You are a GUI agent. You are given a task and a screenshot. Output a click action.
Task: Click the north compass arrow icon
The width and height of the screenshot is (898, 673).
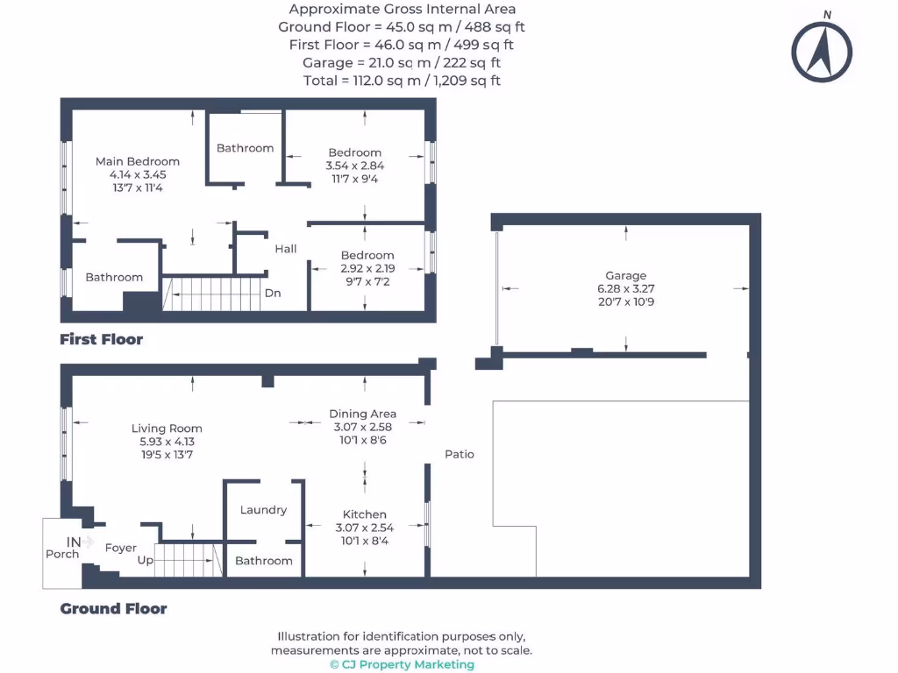point(823,50)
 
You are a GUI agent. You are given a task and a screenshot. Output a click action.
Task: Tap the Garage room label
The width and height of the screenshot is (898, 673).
point(625,275)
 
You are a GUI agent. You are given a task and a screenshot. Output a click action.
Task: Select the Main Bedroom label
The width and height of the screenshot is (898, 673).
point(138,161)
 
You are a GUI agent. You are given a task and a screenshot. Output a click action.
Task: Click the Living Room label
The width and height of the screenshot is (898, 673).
point(167,429)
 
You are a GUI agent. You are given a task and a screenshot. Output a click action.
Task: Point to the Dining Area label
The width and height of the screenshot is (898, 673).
point(362,414)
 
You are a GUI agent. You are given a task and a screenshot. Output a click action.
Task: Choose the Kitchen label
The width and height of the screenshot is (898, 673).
point(364,514)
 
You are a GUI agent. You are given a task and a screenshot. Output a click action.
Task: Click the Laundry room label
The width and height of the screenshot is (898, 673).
point(263,510)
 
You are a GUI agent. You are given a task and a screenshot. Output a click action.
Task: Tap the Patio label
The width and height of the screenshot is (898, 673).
point(460,454)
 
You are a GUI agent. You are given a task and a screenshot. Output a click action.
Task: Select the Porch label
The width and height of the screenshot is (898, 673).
point(62,554)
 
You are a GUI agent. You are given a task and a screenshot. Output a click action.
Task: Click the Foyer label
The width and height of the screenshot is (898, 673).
point(121,548)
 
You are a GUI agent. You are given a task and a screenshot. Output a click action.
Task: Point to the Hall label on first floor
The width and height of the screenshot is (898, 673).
point(286,249)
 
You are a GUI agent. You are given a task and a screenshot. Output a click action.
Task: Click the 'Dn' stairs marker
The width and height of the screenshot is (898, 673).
point(273,293)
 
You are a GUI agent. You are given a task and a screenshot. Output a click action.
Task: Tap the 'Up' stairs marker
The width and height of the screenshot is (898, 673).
point(146,560)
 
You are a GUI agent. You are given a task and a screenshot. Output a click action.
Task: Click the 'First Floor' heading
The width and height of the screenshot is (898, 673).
point(101,339)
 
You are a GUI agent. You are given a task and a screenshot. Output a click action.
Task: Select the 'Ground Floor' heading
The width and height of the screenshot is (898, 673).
point(113,608)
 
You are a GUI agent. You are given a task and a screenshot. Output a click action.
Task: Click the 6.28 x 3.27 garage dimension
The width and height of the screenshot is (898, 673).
point(625,288)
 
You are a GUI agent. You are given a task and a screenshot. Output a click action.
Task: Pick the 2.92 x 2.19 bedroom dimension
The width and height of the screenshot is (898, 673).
point(367,268)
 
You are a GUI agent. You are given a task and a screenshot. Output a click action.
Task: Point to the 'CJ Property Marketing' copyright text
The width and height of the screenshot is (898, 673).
point(402,664)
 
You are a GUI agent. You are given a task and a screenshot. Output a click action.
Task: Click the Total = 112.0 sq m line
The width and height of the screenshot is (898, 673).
point(402,81)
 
